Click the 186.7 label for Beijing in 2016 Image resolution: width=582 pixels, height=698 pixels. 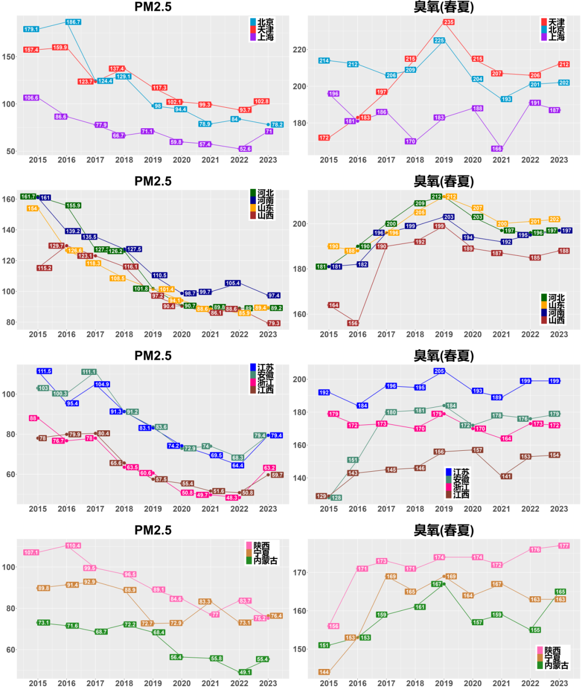pyautogui.click(x=73, y=22)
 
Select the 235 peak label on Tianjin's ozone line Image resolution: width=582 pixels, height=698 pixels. pyautogui.click(x=449, y=22)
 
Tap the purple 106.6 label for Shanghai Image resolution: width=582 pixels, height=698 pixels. pyautogui.click(x=31, y=98)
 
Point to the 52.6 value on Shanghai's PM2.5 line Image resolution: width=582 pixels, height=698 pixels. pyautogui.click(x=245, y=149)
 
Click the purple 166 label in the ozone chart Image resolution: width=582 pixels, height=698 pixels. pyautogui.click(x=497, y=149)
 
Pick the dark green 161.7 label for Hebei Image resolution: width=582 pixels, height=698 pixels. pyautogui.click(x=28, y=197)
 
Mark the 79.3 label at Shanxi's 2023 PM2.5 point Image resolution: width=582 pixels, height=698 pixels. pyautogui.click(x=274, y=323)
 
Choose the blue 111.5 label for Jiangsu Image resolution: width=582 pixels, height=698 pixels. pyautogui.click(x=44, y=371)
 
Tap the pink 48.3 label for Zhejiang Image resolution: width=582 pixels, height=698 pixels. pyautogui.click(x=232, y=498)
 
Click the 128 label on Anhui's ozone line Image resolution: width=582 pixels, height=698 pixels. pyautogui.click(x=336, y=498)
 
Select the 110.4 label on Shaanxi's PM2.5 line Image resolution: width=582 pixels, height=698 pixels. pyautogui.click(x=73, y=546)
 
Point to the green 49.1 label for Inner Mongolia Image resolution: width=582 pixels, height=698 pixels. pyautogui.click(x=245, y=672)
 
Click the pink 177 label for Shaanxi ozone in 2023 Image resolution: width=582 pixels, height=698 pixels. pyautogui.click(x=564, y=546)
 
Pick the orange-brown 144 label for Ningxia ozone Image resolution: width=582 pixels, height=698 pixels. pyautogui.click(x=324, y=672)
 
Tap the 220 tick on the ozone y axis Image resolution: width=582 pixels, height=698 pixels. pyautogui.click(x=299, y=50)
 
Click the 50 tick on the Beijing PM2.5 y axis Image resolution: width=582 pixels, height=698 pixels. pyautogui.click(x=11, y=151)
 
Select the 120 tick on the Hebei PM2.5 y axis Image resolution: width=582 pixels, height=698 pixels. pyautogui.click(x=9, y=261)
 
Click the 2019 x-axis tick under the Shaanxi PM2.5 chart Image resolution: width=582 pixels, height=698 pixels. pyautogui.click(x=153, y=683)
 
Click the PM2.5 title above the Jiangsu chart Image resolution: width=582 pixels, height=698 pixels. pyautogui.click(x=153, y=355)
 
